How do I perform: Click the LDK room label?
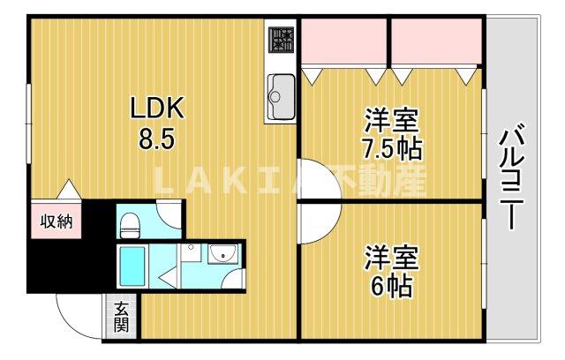[157, 109]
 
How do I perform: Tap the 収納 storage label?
[56, 221]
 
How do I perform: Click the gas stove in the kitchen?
[282, 42]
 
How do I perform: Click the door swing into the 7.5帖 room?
[316, 176]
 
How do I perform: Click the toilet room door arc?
[168, 214]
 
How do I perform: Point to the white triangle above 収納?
[68, 189]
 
